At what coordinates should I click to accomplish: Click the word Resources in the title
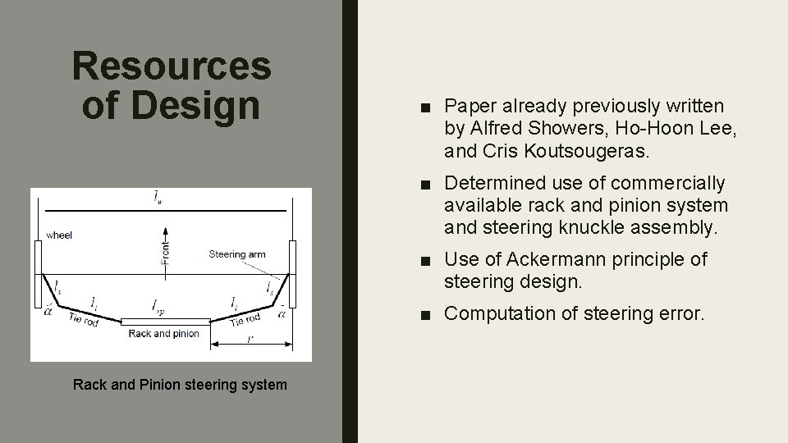pos(171,66)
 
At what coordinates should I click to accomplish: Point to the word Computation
pos(502,313)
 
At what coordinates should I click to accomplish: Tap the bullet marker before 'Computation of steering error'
pos(424,313)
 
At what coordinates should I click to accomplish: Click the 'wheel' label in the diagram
pos(59,235)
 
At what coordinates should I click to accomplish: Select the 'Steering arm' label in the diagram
pos(237,254)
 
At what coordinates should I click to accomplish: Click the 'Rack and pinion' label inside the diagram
pos(164,334)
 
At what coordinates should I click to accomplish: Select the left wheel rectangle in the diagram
pos(39,272)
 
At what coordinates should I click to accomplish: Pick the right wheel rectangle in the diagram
pos(292,272)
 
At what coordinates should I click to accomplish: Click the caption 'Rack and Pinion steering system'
pos(180,384)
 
